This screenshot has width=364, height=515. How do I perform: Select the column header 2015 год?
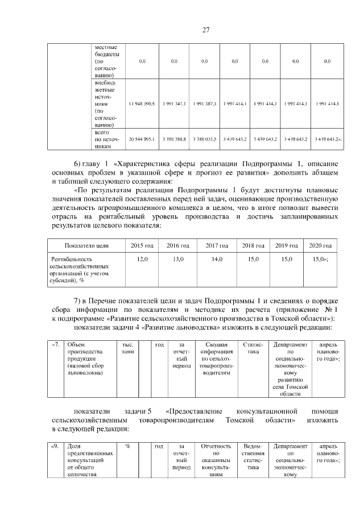(142, 245)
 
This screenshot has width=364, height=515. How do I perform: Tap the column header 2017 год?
(217, 245)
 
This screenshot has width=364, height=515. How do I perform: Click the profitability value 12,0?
(142, 259)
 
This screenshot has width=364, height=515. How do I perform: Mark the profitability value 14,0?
(217, 259)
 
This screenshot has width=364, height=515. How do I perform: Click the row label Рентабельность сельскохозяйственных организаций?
(83, 269)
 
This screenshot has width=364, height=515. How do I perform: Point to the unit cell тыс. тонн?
(128, 348)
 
